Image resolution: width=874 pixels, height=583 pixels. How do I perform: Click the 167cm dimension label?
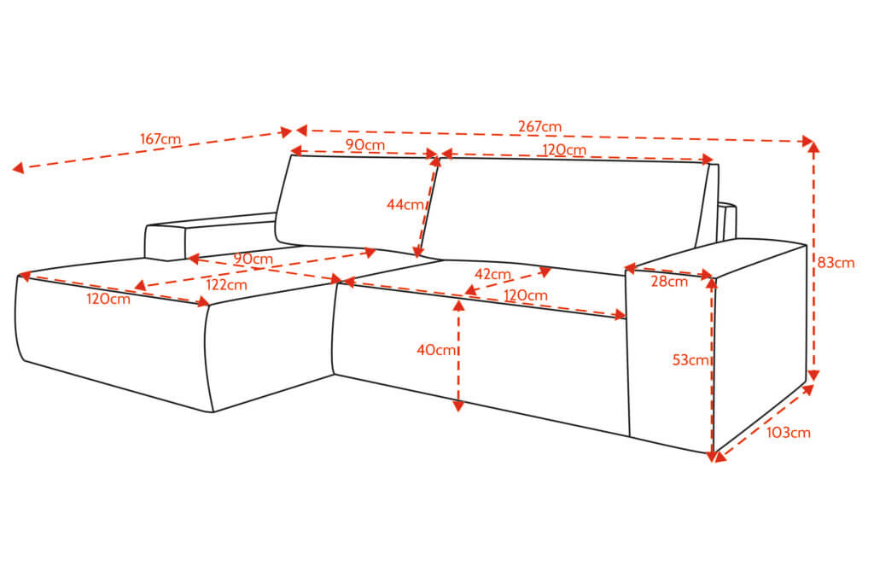tap(160, 139)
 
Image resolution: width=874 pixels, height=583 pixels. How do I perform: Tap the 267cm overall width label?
tap(539, 126)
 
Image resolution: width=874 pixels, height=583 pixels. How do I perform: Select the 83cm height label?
tap(836, 262)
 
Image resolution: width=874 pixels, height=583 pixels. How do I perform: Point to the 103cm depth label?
tap(788, 433)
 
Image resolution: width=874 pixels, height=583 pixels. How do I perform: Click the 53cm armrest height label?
tap(690, 360)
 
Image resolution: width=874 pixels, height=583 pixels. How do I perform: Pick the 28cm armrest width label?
tap(669, 282)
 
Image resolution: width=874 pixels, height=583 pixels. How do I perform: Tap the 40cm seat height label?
tap(436, 350)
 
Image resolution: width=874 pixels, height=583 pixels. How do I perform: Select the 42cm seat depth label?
tap(492, 274)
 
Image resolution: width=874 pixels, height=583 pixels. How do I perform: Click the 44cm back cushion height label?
tap(405, 205)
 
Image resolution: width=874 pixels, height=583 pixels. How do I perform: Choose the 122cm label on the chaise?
tap(226, 285)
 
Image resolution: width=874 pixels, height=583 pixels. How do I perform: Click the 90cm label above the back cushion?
tap(365, 144)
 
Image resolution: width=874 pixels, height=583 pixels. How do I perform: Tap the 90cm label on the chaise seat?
tap(253, 259)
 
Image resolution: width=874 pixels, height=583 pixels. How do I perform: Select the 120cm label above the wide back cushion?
tap(564, 150)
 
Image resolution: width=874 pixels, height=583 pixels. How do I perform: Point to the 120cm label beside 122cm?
tap(108, 299)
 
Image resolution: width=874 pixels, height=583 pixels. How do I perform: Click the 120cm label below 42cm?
tap(526, 294)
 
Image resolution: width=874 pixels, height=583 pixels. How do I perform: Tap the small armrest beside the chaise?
tap(211, 236)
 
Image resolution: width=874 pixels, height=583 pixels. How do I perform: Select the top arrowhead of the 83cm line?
tap(813, 147)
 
